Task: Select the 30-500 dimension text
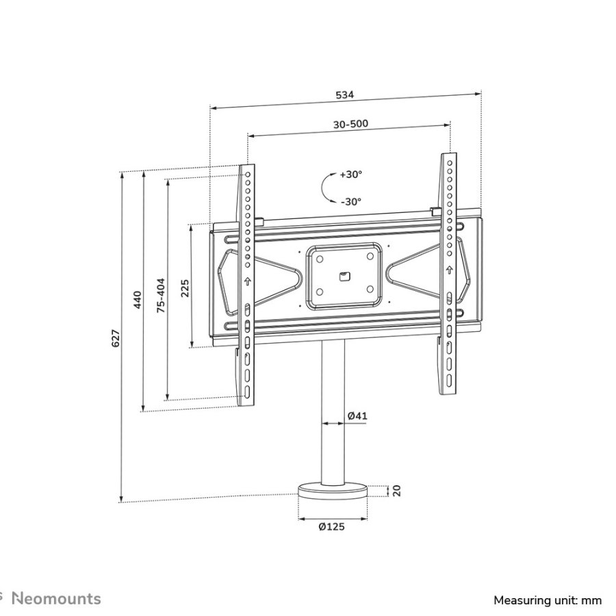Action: (x=350, y=124)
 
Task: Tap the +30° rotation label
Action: (x=351, y=175)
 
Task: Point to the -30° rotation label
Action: (x=351, y=201)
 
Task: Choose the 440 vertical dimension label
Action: (x=137, y=299)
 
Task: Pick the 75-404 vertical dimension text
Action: (x=160, y=295)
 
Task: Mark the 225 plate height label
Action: (x=185, y=287)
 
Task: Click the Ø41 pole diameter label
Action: (x=357, y=415)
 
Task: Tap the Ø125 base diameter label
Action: (x=332, y=526)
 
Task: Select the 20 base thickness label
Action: (x=395, y=490)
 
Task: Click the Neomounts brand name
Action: (x=57, y=599)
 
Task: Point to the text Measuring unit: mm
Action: (x=548, y=600)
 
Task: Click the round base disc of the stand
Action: (x=333, y=493)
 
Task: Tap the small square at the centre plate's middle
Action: (x=344, y=277)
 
